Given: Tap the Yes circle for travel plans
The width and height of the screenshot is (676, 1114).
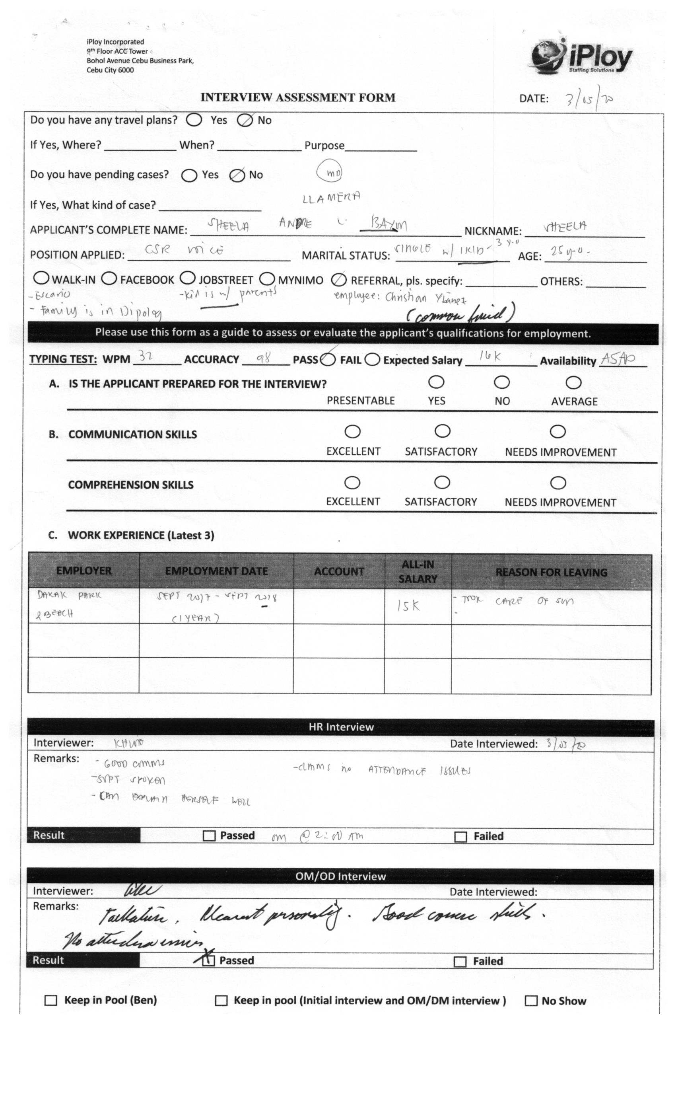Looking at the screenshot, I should click(x=194, y=120).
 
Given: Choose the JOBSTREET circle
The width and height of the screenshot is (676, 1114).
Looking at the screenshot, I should click(x=188, y=278).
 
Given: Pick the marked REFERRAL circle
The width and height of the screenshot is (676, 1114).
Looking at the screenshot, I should click(x=338, y=280).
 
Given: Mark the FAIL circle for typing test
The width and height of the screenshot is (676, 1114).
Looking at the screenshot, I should click(x=372, y=360).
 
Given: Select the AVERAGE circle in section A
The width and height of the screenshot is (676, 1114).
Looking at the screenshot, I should click(x=573, y=383).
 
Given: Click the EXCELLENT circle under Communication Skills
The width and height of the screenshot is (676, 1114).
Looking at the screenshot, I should click(x=352, y=432).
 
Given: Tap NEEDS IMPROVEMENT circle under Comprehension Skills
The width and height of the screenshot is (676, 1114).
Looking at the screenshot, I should click(x=558, y=483).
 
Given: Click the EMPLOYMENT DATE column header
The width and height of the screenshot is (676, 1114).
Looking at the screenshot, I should click(x=216, y=571).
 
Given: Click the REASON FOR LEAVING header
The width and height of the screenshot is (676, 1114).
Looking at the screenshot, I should click(x=551, y=573).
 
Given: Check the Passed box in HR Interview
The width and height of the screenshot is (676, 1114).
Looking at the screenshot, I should click(x=209, y=836).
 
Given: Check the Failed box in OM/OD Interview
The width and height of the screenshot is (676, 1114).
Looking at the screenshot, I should click(x=460, y=962).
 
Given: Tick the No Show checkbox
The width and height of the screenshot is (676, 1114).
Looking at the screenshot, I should click(x=531, y=1001).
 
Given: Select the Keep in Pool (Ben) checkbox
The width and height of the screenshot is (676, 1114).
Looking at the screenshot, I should click(x=51, y=1001).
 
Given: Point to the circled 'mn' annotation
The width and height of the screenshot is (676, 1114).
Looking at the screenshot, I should click(x=329, y=172).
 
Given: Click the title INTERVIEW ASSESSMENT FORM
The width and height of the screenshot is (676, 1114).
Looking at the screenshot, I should click(x=298, y=97).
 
